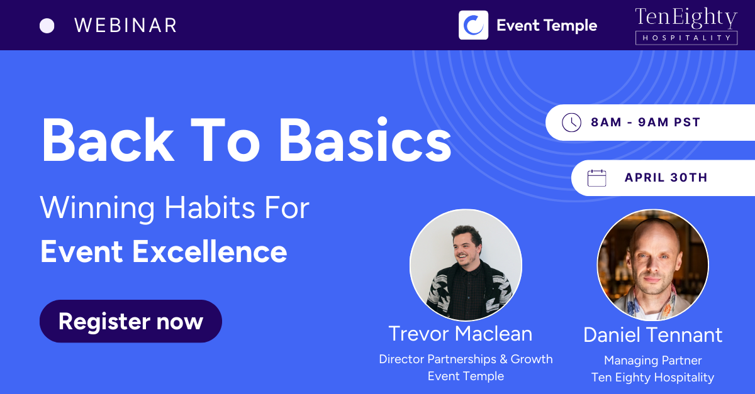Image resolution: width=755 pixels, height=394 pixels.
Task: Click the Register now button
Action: coord(131,321)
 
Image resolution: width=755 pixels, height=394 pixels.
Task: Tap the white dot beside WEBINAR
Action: coord(47,26)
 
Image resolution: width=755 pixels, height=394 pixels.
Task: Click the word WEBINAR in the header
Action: coord(125,25)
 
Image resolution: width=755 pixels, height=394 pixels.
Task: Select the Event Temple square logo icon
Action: coord(473,25)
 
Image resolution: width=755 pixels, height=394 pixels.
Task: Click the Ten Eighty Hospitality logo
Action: coord(686,26)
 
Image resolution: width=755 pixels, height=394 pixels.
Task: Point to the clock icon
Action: coord(571,123)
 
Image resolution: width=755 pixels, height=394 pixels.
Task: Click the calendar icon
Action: coord(596,178)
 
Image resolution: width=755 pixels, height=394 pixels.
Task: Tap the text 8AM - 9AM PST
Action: coord(646,123)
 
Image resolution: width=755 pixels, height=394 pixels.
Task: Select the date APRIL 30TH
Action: coord(666,177)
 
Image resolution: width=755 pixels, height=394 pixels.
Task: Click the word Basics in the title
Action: coord(366,140)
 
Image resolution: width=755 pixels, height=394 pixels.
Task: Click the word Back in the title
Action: coord(108,140)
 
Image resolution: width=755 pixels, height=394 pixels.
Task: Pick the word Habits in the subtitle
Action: coord(210,207)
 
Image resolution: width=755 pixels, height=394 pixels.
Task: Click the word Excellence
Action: coord(210,251)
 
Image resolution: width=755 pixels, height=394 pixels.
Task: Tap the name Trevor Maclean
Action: coord(461,334)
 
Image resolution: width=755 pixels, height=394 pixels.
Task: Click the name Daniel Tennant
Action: coord(653,335)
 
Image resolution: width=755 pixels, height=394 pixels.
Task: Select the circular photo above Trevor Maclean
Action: coord(466,265)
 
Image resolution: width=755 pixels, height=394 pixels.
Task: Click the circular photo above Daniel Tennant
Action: coord(653,265)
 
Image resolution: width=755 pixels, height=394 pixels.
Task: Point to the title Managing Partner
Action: coord(653,361)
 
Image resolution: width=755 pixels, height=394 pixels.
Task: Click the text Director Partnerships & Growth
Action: coord(466,359)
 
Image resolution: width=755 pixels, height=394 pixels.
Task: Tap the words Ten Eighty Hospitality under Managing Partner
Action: coord(653,378)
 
